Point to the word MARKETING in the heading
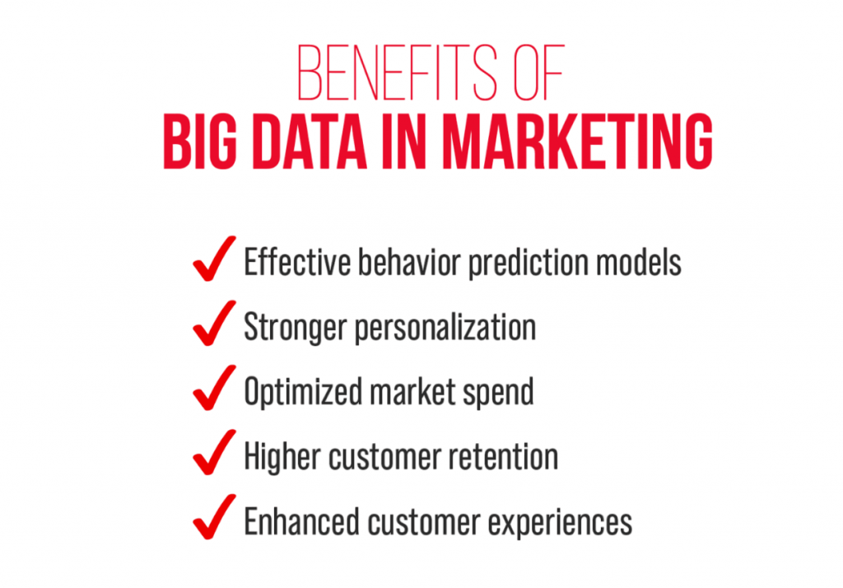pyautogui.click(x=577, y=144)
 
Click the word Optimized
pyautogui.click(x=300, y=393)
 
